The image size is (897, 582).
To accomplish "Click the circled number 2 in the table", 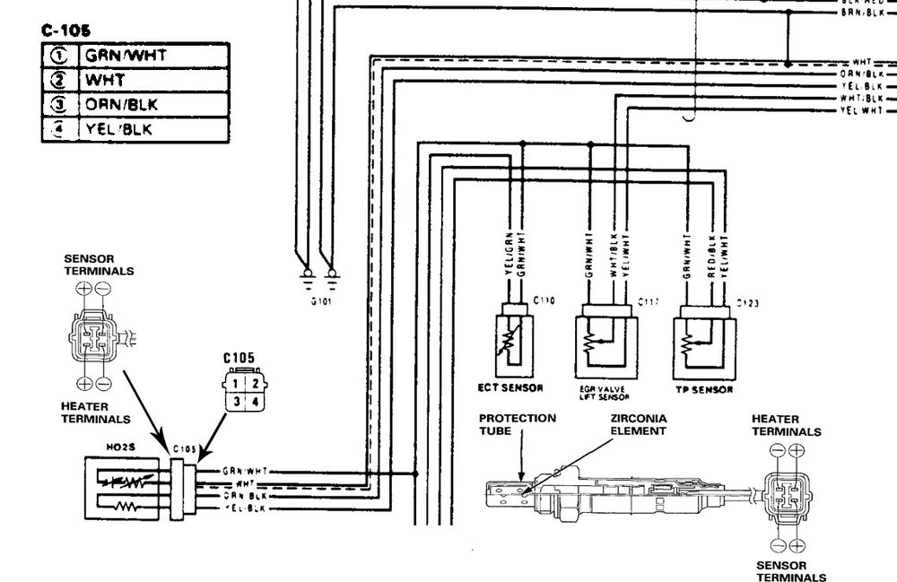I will click(x=58, y=80).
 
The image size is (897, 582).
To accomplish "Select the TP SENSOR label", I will click(x=705, y=390).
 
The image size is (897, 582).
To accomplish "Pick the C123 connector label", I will click(x=748, y=303).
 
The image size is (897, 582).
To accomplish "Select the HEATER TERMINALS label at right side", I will click(x=786, y=425).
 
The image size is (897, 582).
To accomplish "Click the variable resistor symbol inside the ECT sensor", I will click(x=514, y=338).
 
